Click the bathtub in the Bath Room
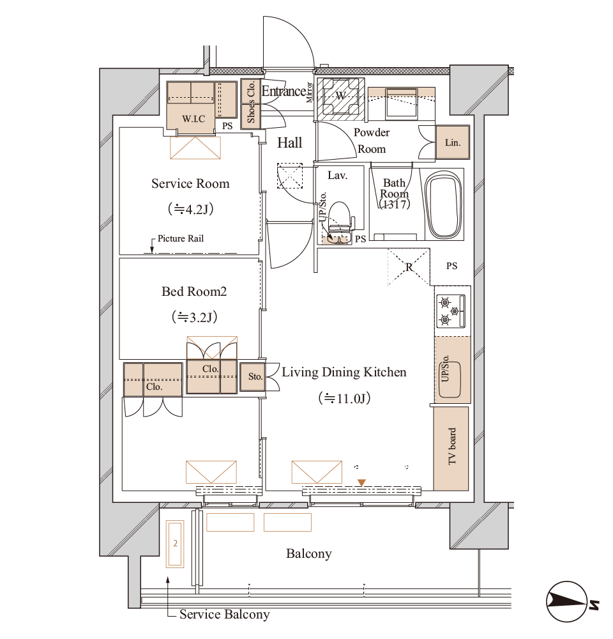point(444,205)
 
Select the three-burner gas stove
point(451,311)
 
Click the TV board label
point(452,446)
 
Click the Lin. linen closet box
point(453,142)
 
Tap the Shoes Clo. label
point(251,102)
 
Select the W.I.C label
point(193,119)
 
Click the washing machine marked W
point(340,98)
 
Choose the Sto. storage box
point(252,377)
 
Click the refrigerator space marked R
point(409,267)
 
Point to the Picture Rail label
point(181,238)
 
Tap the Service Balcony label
point(224,614)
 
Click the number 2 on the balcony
point(175,543)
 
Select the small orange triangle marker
point(361,483)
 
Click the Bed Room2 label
point(194,291)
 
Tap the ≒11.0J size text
point(345,397)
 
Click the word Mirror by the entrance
point(309,92)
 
